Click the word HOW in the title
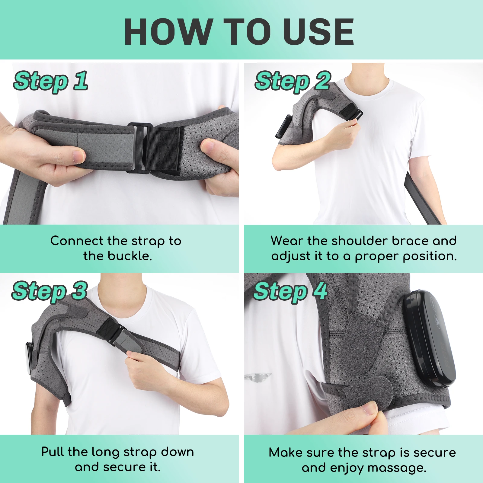tap(168, 32)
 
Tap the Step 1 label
tap(51, 81)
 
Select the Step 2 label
tap(293, 81)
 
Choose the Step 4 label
tap(290, 291)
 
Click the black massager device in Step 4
tap(429, 338)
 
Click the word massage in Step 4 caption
tap(396, 468)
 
